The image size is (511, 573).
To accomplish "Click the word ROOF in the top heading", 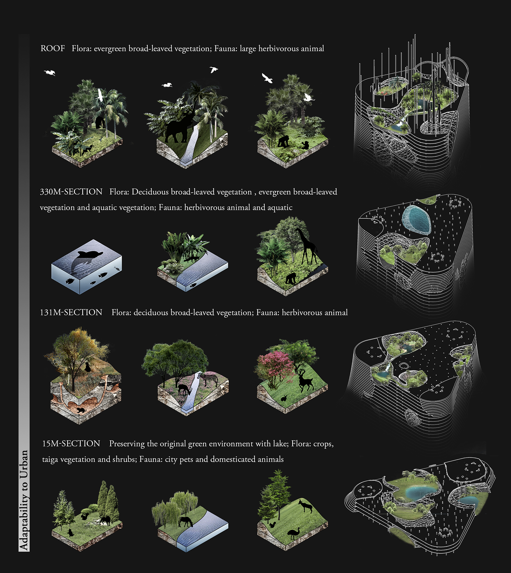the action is pos(53,48).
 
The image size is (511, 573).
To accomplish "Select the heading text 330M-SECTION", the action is pos(71,192).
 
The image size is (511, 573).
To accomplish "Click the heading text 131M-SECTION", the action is pos(71,312).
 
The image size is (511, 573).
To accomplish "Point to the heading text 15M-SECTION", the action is pos(71,443).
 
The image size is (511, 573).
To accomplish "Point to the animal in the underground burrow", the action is pos(81,410).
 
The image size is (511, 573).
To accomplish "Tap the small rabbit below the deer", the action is pos(284,398).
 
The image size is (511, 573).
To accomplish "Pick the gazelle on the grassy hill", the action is pos(305,506).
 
